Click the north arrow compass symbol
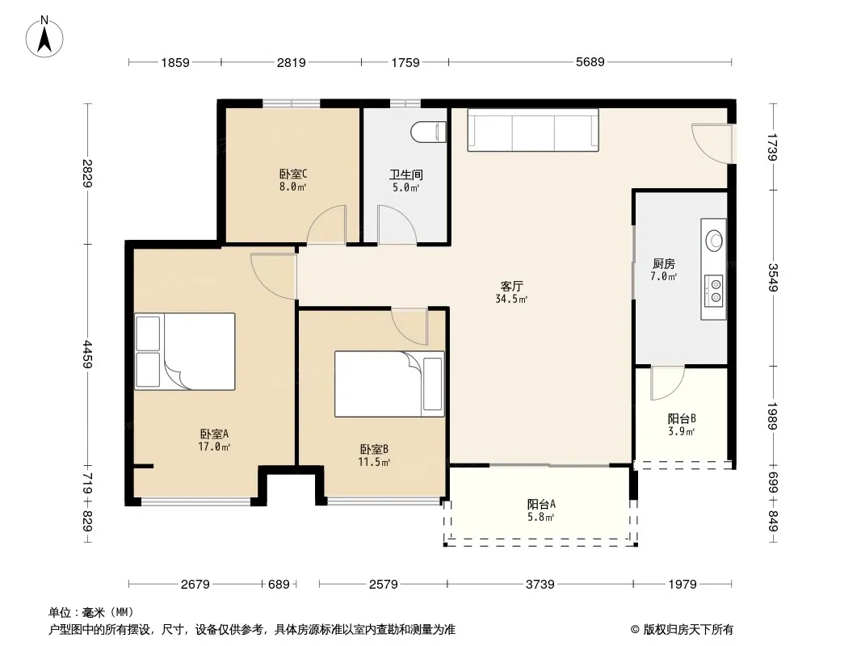tap(44, 36)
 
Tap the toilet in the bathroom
tap(428, 132)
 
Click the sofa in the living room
tap(532, 129)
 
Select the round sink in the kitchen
tap(714, 240)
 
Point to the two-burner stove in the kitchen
tap(714, 291)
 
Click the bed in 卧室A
tap(185, 351)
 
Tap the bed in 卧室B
tap(389, 384)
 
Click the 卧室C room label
tap(292, 174)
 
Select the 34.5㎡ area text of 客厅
tap(511, 299)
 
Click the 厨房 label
tap(664, 264)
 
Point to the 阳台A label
tap(541, 504)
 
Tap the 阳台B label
tap(682, 419)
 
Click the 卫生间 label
tap(406, 174)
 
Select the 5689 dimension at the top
tap(590, 62)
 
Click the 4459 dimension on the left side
tap(88, 354)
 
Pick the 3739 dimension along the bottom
tap(540, 584)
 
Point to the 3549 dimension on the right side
tap(773, 278)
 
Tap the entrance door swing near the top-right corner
tap(712, 144)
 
